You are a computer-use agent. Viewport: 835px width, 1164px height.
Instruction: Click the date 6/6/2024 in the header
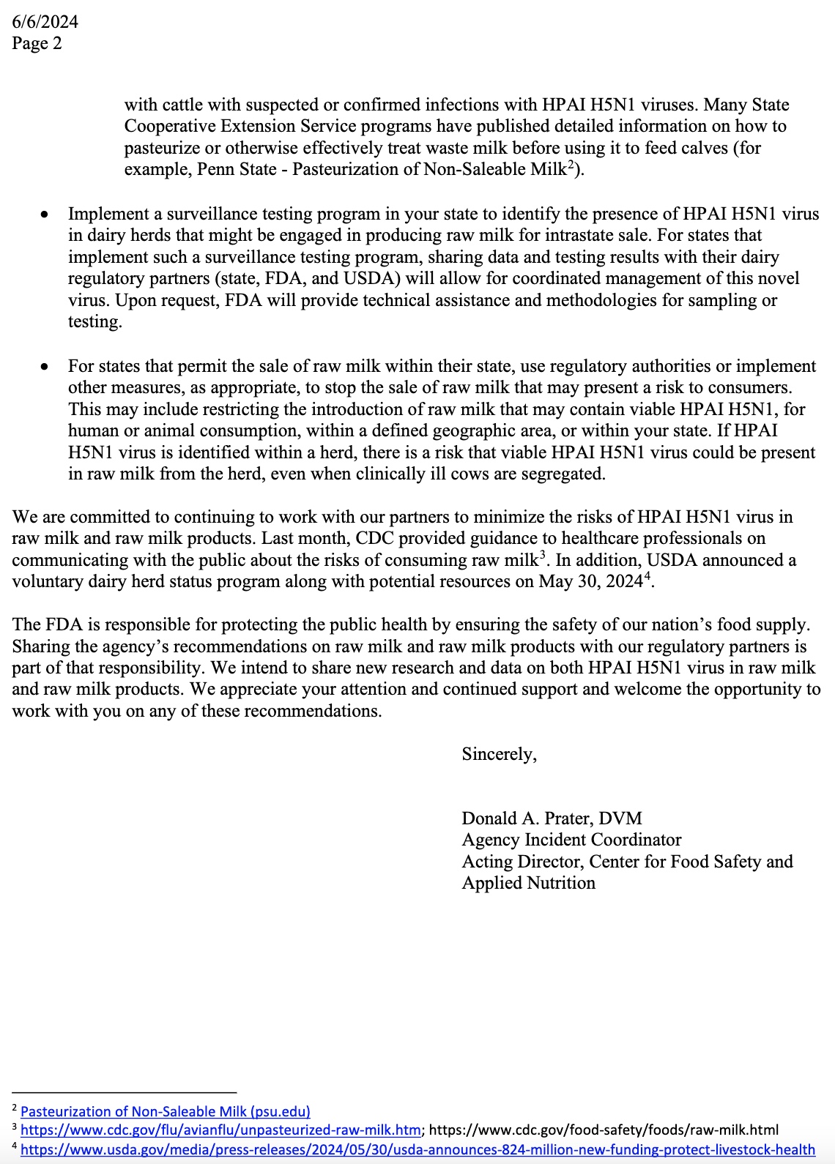(x=45, y=22)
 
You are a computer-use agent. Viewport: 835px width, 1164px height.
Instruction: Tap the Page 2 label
(x=37, y=43)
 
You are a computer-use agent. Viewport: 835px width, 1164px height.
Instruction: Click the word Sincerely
(x=499, y=754)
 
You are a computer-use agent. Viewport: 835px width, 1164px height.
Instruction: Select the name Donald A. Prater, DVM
(x=552, y=818)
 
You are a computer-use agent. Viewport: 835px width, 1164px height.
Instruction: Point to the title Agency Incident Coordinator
(x=571, y=840)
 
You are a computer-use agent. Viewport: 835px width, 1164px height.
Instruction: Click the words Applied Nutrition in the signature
(x=528, y=883)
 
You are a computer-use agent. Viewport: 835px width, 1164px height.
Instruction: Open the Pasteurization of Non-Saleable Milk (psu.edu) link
(x=166, y=1111)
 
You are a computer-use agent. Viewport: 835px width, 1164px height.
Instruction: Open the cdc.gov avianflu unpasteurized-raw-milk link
(x=220, y=1130)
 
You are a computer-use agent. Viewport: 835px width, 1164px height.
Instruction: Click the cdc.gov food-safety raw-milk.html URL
(x=604, y=1130)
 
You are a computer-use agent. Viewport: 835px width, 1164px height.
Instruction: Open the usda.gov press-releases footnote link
(x=417, y=1149)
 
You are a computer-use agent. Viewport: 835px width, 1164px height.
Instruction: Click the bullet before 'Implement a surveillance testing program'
(x=45, y=214)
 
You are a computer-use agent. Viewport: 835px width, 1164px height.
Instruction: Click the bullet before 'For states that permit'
(x=45, y=367)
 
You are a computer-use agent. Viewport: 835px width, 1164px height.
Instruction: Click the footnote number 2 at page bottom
(x=15, y=1109)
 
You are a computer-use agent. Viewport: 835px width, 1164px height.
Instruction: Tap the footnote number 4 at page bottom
(x=15, y=1147)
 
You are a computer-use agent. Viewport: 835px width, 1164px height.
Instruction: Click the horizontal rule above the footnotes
(x=125, y=1092)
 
